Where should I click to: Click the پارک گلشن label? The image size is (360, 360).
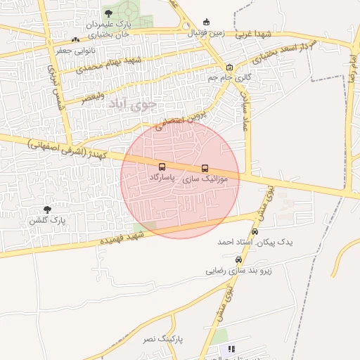(x=47, y=220)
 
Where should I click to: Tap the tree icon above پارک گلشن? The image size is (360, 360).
(x=47, y=209)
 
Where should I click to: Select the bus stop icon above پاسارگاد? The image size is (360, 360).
(x=162, y=167)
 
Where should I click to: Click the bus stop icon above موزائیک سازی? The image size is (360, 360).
(x=205, y=168)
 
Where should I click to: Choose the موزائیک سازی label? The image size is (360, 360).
(x=205, y=179)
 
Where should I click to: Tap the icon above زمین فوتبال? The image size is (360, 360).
(x=205, y=22)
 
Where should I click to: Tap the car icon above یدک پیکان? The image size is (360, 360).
(x=255, y=231)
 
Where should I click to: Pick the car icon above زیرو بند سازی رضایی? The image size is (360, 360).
(x=238, y=259)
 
